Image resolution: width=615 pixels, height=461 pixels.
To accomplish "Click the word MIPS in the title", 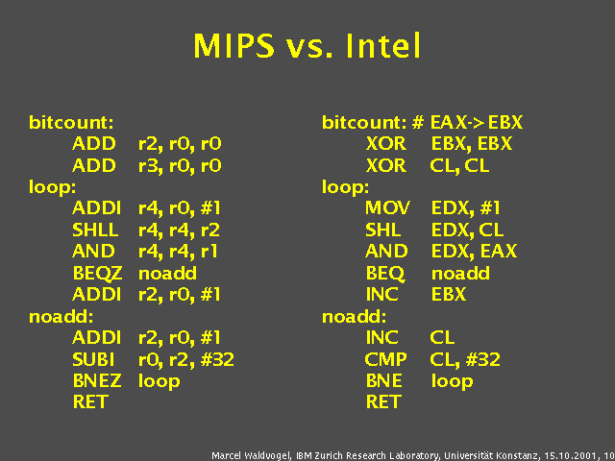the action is [234, 46].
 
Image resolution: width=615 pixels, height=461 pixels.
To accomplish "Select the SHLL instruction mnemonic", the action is [95, 230].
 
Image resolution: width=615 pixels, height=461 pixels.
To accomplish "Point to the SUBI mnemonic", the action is [93, 359].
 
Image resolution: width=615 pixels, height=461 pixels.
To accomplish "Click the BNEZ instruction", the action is [97, 381].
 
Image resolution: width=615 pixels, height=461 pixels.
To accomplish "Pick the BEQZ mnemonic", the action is [97, 274].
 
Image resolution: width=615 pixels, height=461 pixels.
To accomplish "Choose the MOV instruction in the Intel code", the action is [387, 207].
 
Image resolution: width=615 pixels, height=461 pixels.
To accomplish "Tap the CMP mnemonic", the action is [386, 359].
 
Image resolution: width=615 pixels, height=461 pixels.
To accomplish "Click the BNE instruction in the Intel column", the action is [384, 381].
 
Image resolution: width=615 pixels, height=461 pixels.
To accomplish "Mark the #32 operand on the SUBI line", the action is [217, 359].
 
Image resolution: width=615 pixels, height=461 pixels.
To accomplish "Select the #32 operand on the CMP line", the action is [483, 359].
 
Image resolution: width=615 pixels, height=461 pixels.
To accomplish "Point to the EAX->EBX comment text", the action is [477, 123].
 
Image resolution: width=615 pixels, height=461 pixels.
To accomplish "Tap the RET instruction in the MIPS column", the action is [90, 402].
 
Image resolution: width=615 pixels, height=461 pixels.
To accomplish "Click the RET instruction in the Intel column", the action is [383, 402].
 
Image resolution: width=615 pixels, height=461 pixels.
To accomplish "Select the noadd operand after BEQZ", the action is [167, 273].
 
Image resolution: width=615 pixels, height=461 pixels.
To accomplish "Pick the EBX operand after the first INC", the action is [449, 295].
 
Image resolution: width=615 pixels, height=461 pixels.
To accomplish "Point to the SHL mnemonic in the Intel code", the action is [383, 230].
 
